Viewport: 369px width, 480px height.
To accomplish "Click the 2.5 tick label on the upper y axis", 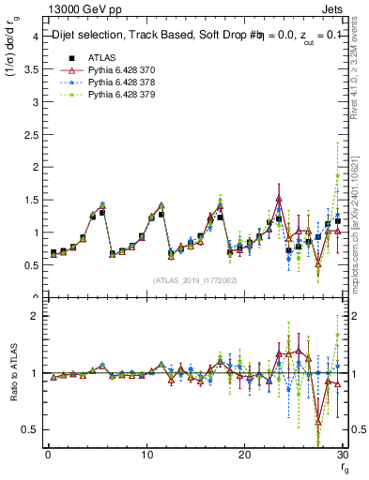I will [29, 134].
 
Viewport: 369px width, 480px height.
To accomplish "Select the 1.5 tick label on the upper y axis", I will [29, 200].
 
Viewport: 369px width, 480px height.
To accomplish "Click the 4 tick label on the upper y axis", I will [34, 36].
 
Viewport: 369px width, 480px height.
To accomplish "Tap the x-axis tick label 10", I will [146, 455].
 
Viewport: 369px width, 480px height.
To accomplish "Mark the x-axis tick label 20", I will [244, 455].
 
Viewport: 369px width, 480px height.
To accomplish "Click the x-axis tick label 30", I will [342, 455].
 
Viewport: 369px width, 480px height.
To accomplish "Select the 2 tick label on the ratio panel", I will [34, 316].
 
